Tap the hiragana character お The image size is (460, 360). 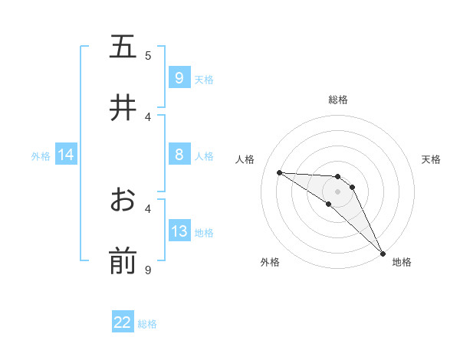coord(123,200)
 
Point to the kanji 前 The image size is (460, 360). coord(123,261)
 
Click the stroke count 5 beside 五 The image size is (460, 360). coord(149,55)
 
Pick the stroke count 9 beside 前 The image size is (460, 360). coord(149,269)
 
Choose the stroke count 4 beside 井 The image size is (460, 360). coord(149,116)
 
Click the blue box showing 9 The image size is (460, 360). coord(179,78)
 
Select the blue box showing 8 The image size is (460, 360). coord(179,155)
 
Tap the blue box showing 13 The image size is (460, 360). coord(179,232)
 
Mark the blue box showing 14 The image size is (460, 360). coord(65,155)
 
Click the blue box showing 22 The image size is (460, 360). coord(123,322)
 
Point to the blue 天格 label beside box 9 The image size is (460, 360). coord(204,80)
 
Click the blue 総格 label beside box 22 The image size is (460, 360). coord(147,324)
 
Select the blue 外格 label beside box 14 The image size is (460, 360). coord(41,156)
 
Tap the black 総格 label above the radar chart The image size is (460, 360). coord(337,100)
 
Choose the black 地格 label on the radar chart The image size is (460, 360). coord(402,262)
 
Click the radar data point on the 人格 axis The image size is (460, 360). coord(279,172)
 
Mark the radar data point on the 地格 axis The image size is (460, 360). coord(383,253)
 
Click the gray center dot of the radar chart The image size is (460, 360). coord(337,191)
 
